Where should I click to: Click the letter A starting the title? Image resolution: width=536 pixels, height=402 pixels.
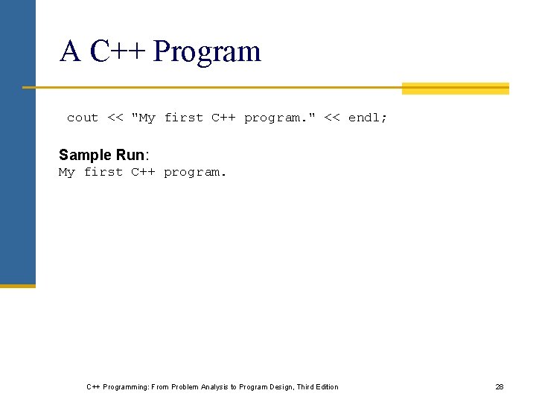70,51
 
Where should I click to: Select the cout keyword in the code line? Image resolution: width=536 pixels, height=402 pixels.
83,118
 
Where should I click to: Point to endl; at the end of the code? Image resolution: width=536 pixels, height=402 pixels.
368,118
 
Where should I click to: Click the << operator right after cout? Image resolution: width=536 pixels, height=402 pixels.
115,118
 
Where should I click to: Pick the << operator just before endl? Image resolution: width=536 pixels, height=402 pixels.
332,118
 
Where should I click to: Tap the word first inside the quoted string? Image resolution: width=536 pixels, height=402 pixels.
183,118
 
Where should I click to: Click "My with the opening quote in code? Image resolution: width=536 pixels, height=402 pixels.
143,118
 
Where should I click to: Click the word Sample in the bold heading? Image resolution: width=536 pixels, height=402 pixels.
85,155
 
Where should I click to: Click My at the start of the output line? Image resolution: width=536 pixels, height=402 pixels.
67,172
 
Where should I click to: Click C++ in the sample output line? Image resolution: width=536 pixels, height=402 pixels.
143,172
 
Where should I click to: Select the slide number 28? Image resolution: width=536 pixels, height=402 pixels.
500,387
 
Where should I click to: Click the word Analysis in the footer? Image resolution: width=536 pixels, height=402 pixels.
212,387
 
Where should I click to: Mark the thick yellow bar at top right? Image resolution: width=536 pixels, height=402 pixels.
455,89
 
